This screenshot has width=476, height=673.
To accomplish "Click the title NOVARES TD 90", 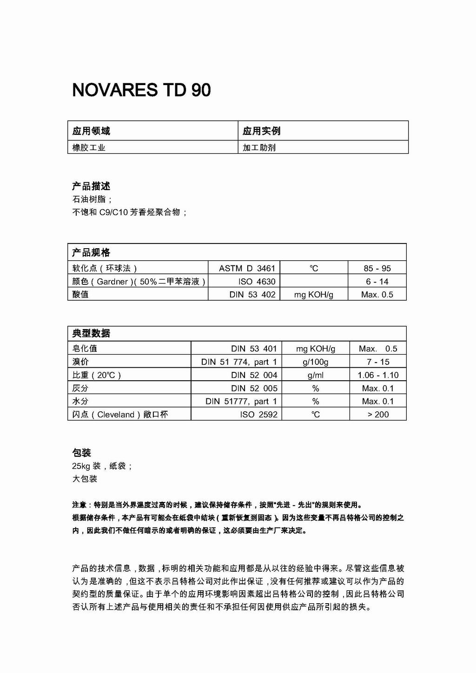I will pyautogui.click(x=141, y=90).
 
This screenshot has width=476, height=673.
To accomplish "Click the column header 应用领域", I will pyautogui.click(x=91, y=131).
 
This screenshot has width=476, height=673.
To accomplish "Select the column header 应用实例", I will pyautogui.click(x=261, y=131).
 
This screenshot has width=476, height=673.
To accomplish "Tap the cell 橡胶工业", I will pyautogui.click(x=89, y=148).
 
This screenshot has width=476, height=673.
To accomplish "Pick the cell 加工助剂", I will pyautogui.click(x=259, y=148).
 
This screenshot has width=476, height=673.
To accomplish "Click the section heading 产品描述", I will pyautogui.click(x=91, y=186).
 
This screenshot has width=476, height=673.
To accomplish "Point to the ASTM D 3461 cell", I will pyautogui.click(x=247, y=268).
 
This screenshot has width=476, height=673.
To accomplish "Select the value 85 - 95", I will pyautogui.click(x=377, y=268).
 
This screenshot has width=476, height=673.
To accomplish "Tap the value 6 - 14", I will pyautogui.click(x=377, y=281).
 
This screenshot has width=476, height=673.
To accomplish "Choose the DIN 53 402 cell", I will pyautogui.click(x=252, y=294).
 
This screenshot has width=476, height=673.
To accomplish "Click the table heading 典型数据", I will pyautogui.click(x=91, y=333).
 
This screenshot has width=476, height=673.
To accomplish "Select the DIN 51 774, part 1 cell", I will pyautogui.click(x=239, y=362).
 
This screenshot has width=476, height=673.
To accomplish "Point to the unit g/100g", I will pyautogui.click(x=316, y=362).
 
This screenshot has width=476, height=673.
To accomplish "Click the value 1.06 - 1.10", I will pyautogui.click(x=378, y=375).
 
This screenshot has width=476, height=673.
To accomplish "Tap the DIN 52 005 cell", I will pyautogui.click(x=254, y=388).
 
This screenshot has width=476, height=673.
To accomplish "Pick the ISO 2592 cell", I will pyautogui.click(x=258, y=414).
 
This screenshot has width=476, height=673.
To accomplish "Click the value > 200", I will pyautogui.click(x=378, y=414).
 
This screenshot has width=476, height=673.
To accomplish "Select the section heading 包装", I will pyautogui.click(x=82, y=453).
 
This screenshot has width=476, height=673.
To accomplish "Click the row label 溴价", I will pyautogui.click(x=80, y=362).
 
